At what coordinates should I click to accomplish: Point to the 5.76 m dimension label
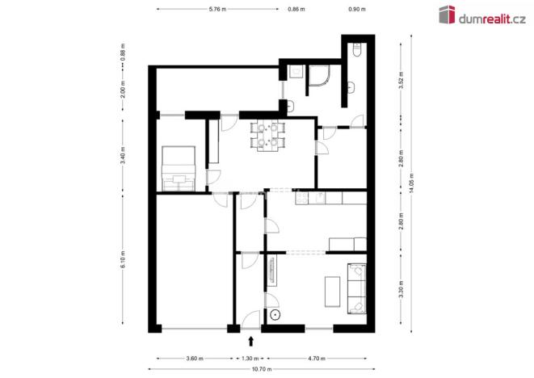tap(217, 9)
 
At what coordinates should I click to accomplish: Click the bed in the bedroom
tap(179, 168)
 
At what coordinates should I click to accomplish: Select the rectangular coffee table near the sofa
tap(331, 291)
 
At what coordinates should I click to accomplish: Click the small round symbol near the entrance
tap(275, 314)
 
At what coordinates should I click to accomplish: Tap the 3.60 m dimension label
tap(193, 358)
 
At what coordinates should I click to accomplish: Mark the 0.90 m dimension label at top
tap(355, 9)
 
